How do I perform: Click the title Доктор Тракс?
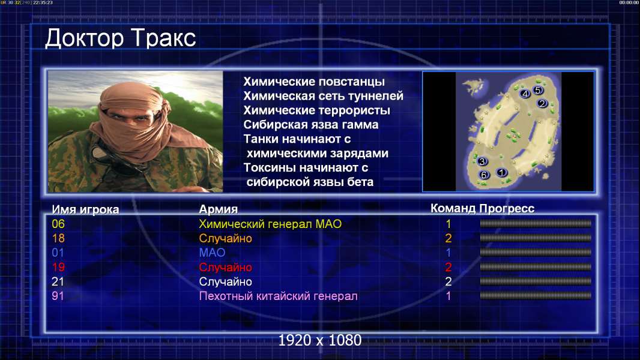121,39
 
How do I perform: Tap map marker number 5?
537,90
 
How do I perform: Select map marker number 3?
482,161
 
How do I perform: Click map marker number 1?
502,172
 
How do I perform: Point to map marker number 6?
484,175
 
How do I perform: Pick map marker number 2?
542,104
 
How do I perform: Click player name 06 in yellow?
58,224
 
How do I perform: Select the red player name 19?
58,267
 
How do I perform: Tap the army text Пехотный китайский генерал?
279,296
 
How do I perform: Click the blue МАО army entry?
213,253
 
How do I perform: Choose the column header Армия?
219,209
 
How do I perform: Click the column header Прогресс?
507,208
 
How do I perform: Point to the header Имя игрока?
85,209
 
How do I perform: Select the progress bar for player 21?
536,281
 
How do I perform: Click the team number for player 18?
448,238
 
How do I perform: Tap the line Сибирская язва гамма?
311,125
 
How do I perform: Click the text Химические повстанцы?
314,82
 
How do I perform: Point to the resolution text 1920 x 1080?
320,340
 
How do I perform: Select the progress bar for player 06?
536,223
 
